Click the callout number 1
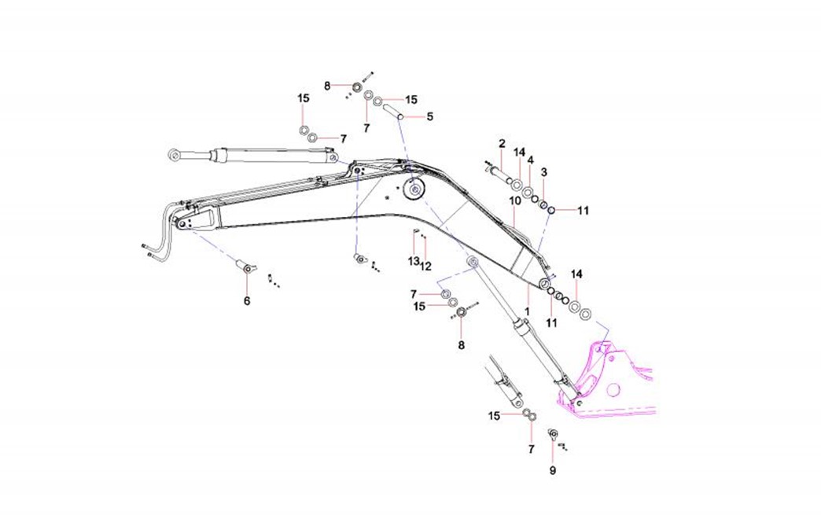click(527, 312)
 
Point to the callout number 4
click(530, 160)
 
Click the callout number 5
click(430, 117)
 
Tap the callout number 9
click(552, 470)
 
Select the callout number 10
click(515, 200)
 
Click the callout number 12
click(425, 266)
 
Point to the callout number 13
click(413, 260)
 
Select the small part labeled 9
click(552, 435)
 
